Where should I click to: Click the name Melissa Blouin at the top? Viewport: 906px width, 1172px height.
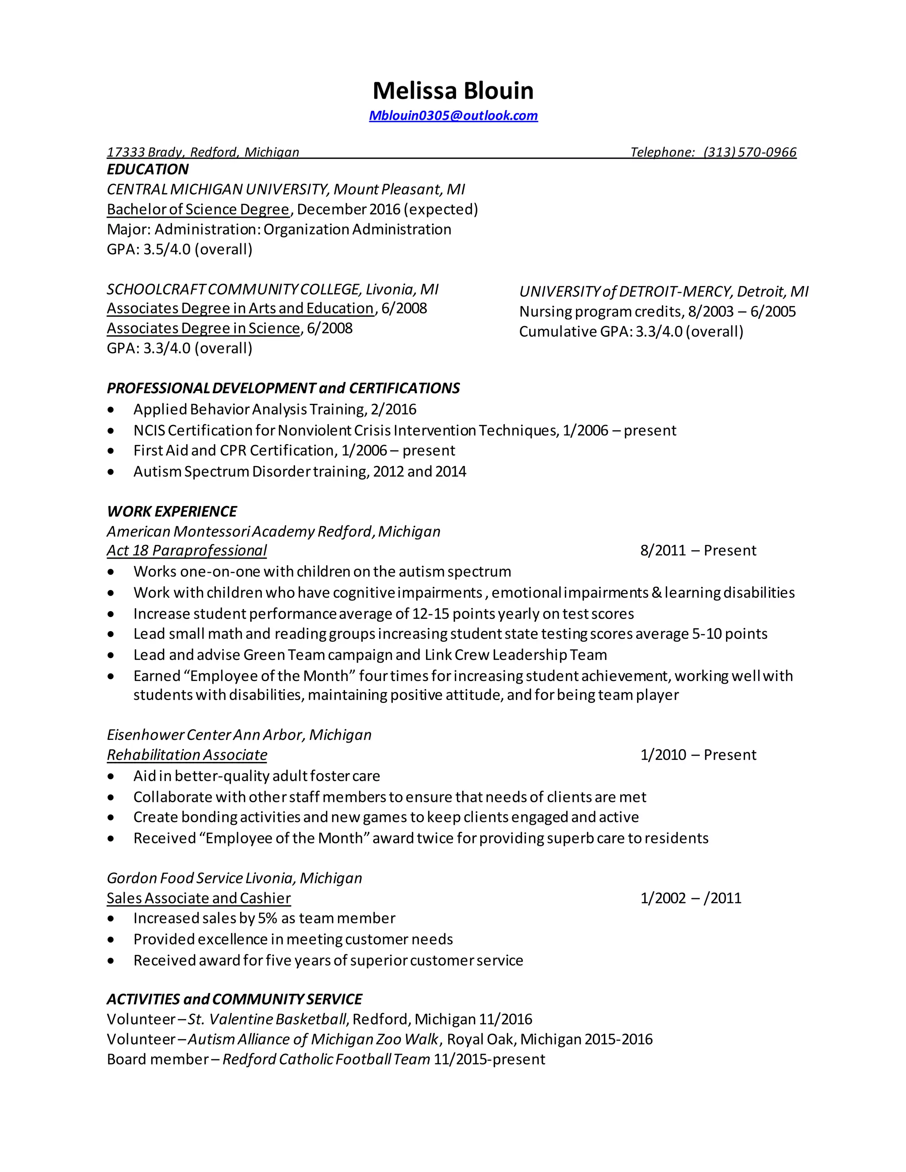[453, 91]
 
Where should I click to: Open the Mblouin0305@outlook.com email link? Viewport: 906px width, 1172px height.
[453, 116]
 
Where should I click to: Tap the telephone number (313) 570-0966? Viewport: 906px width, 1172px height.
[749, 153]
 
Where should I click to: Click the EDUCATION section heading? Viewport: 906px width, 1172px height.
[148, 169]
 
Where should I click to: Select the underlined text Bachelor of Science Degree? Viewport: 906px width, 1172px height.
[198, 209]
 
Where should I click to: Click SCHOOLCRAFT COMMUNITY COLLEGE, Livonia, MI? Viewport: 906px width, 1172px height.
[272, 290]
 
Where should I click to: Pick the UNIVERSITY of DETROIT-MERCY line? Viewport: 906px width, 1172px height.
[664, 292]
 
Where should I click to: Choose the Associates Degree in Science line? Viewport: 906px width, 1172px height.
[203, 329]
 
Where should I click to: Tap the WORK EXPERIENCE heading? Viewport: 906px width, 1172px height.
[172, 511]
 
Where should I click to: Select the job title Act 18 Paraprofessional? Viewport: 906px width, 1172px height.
[186, 551]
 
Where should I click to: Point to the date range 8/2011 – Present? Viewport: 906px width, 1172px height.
[698, 551]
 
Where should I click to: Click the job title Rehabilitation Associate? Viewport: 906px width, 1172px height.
[187, 755]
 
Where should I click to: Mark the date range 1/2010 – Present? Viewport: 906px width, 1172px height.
[698, 755]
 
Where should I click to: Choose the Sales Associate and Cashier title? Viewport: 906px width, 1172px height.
[199, 898]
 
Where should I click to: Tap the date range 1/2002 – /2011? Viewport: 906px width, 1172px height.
[690, 898]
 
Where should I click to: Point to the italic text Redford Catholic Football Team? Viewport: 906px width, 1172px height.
[326, 1059]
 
